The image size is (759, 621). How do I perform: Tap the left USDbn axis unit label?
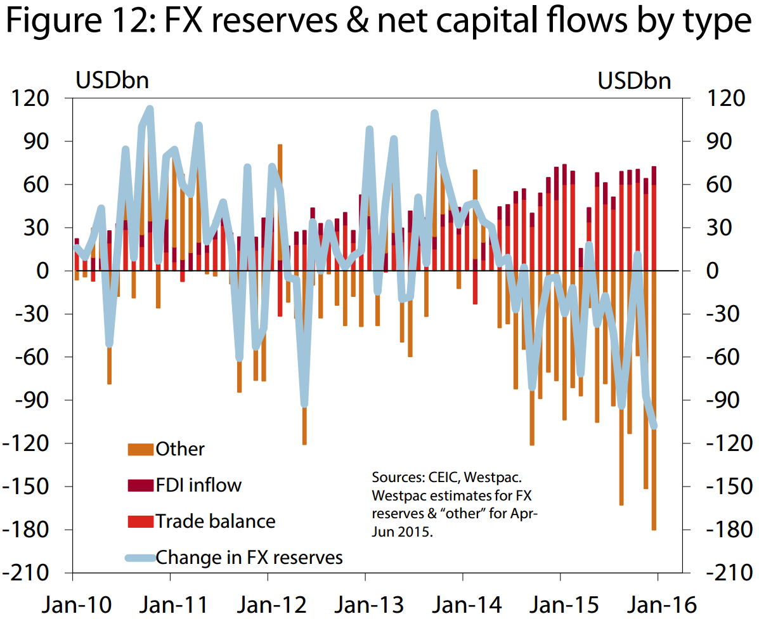pyautogui.click(x=112, y=81)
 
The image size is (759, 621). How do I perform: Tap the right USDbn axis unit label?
pyautogui.click(x=634, y=81)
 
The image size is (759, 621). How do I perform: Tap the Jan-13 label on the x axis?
pyautogui.click(x=365, y=603)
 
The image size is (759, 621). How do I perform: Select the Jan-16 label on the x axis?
pyautogui.click(x=656, y=603)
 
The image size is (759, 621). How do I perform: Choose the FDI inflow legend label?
pyautogui.click(x=198, y=486)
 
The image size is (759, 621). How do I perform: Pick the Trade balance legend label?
pyautogui.click(x=216, y=521)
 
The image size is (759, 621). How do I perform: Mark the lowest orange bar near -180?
pyautogui.click(x=654, y=526)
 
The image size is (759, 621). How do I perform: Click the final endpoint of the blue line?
pyautogui.click(x=654, y=426)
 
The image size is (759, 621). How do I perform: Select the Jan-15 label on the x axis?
pyautogui.click(x=559, y=603)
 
